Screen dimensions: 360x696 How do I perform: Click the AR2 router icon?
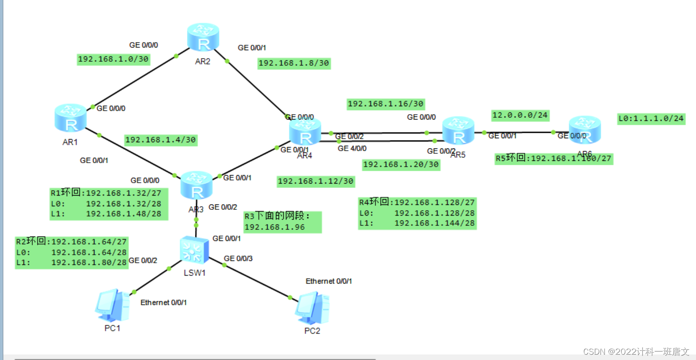pos(203,38)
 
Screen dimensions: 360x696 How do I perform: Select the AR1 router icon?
pos(71,118)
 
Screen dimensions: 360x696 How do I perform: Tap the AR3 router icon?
pos(196,186)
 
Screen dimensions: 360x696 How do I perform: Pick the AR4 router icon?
pos(305,132)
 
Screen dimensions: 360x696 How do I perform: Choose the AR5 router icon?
pos(458,130)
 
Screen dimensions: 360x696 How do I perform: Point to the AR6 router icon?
pos(585,130)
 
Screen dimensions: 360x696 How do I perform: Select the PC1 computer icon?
pos(112,305)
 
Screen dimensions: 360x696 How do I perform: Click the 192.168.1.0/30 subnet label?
pos(113,59)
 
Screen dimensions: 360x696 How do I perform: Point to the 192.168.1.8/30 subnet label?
pos(294,63)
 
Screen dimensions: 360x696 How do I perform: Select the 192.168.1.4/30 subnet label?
pos(160,140)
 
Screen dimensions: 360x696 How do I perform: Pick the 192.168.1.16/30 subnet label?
pos(386,104)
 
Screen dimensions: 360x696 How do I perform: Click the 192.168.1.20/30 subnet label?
pos(401,164)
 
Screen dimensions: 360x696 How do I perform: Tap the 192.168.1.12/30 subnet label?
pos(316,181)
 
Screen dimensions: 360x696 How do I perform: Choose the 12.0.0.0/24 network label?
pos(520,116)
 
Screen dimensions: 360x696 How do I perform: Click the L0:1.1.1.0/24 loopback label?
pos(651,119)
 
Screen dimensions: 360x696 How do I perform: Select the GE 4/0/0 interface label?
pos(352,148)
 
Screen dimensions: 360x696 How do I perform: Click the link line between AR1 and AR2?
pos(133,81)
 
